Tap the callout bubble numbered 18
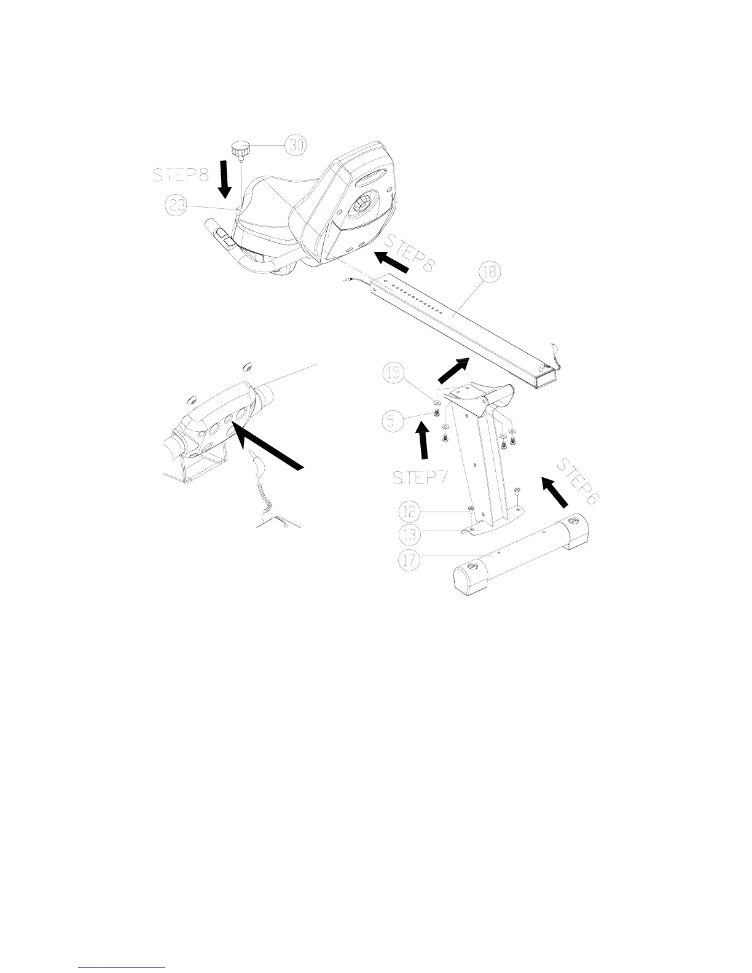point(490,273)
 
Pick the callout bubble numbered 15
point(395,373)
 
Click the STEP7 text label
point(420,477)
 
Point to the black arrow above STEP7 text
point(423,444)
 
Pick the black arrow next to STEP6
point(554,492)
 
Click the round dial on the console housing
point(362,214)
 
